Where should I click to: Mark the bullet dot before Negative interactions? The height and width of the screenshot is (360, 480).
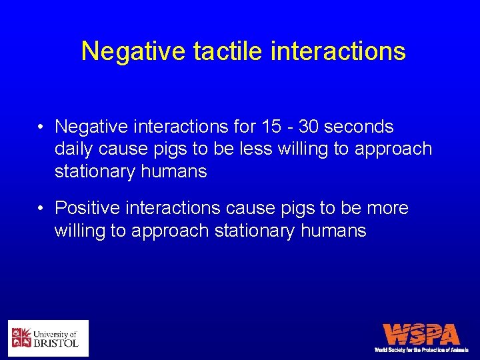pyautogui.click(x=41, y=127)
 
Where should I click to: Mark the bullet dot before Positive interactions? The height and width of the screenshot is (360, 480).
pyautogui.click(x=41, y=209)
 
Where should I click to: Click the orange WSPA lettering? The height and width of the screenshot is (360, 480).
pyautogui.click(x=421, y=334)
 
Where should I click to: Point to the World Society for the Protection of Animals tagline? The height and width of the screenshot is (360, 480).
pyautogui.click(x=421, y=349)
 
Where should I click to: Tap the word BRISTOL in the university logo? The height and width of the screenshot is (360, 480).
pyautogui.click(x=56, y=343)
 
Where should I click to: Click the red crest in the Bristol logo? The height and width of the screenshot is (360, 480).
pyautogui.click(x=21, y=338)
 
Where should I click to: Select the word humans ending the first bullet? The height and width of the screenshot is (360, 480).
pyautogui.click(x=174, y=171)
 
